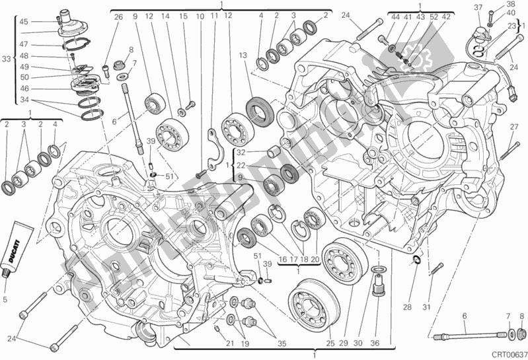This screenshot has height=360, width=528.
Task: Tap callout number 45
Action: [x=24, y=22]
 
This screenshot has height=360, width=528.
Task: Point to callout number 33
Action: [x=7, y=59]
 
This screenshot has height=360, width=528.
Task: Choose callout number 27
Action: [x=513, y=127]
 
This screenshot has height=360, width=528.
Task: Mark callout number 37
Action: [x=478, y=7]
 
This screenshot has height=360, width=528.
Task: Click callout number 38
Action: [x=511, y=4]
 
